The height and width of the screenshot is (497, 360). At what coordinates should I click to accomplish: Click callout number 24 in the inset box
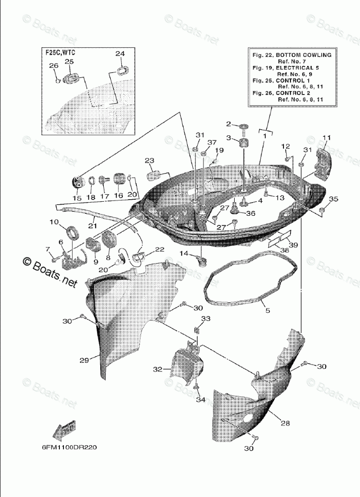(x=119, y=54)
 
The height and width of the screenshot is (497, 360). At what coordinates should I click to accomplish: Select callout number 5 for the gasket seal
(x=267, y=311)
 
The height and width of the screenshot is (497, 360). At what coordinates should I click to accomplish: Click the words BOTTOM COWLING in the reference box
(x=306, y=54)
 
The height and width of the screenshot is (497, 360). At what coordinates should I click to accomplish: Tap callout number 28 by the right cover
(x=285, y=424)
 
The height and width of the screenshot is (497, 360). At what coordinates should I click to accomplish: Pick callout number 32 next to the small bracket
(x=158, y=369)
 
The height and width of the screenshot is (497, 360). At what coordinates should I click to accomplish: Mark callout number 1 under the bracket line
(x=263, y=136)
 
